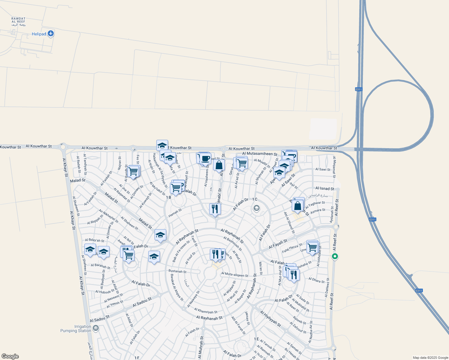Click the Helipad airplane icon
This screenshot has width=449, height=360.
click(51, 34)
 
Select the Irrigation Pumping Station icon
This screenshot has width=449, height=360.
click(95, 328)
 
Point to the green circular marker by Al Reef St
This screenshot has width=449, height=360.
click(335, 256)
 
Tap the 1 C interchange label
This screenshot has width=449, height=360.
click(255, 199)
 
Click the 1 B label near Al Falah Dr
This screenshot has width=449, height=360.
click(168, 197)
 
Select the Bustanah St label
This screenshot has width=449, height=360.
click(177, 271)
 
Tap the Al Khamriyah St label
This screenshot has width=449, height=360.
click(206, 310)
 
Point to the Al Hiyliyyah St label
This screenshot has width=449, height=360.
click(270, 319)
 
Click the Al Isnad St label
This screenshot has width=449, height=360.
click(325, 188)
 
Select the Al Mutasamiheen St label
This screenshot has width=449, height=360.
click(260, 154)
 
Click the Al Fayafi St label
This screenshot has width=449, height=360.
click(278, 244)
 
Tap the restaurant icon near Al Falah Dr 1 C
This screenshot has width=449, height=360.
click(215, 208)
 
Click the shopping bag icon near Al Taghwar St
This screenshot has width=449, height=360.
click(298, 206)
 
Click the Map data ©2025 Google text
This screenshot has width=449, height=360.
click(430, 358)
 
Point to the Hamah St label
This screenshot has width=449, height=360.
click(175, 213)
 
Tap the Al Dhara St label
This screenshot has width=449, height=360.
click(316, 280)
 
